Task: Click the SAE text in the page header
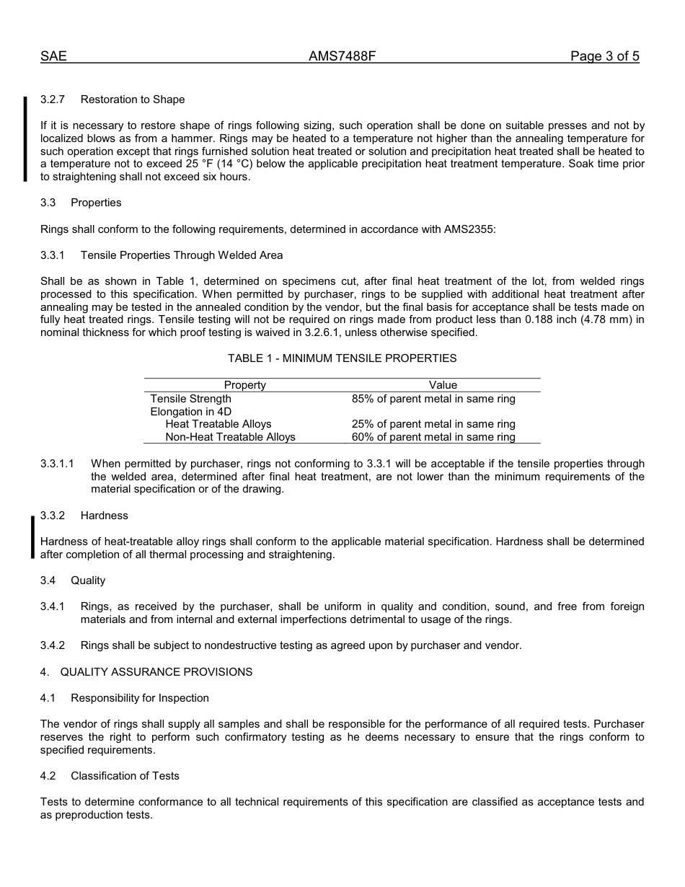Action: [53, 56]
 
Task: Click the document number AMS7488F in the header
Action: [342, 56]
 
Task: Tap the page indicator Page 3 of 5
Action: [604, 56]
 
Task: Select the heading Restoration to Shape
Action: [133, 100]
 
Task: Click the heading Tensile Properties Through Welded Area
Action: [182, 255]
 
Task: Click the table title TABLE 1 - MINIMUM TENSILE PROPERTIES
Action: [342, 358]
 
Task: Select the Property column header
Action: [244, 385]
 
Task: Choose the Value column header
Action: [443, 385]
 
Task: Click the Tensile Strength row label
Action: [191, 399]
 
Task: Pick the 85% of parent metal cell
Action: [433, 399]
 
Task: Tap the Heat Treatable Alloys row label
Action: [218, 424]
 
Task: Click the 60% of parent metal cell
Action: [433, 437]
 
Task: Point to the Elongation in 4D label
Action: [191, 412]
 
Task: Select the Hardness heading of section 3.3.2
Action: [105, 516]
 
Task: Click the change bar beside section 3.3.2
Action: [32, 537]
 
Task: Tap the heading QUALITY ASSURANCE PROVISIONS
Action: [156, 672]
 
